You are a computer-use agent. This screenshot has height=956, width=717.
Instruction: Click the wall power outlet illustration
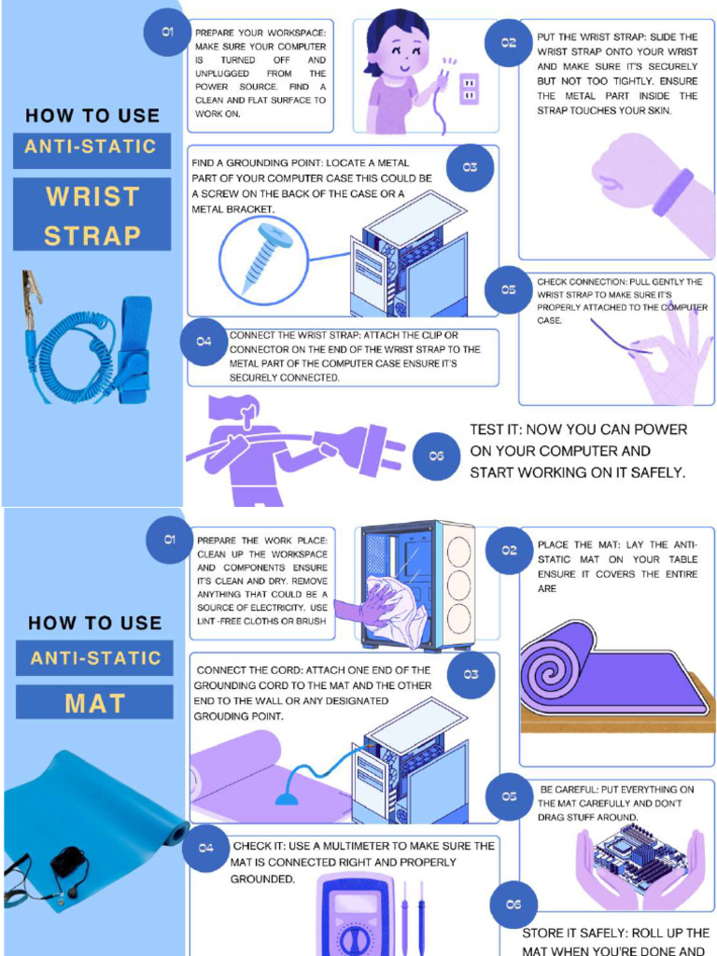click(469, 89)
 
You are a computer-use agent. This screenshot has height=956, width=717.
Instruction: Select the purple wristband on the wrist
click(673, 191)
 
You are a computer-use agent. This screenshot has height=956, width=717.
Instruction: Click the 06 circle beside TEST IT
click(437, 456)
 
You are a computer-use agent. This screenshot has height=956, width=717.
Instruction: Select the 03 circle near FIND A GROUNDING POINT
click(470, 167)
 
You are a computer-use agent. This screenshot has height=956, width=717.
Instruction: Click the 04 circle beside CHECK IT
click(206, 848)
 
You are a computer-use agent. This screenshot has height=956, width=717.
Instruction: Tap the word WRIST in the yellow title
click(92, 196)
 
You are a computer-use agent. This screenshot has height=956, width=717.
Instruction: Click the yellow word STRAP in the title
click(92, 236)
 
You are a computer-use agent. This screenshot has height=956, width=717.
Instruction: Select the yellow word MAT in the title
click(95, 704)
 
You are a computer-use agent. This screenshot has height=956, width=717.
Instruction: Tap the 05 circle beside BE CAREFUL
click(509, 796)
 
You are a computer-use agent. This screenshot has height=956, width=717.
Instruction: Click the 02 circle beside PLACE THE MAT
click(509, 550)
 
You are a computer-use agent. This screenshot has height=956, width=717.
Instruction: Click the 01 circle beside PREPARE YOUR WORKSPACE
click(167, 32)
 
